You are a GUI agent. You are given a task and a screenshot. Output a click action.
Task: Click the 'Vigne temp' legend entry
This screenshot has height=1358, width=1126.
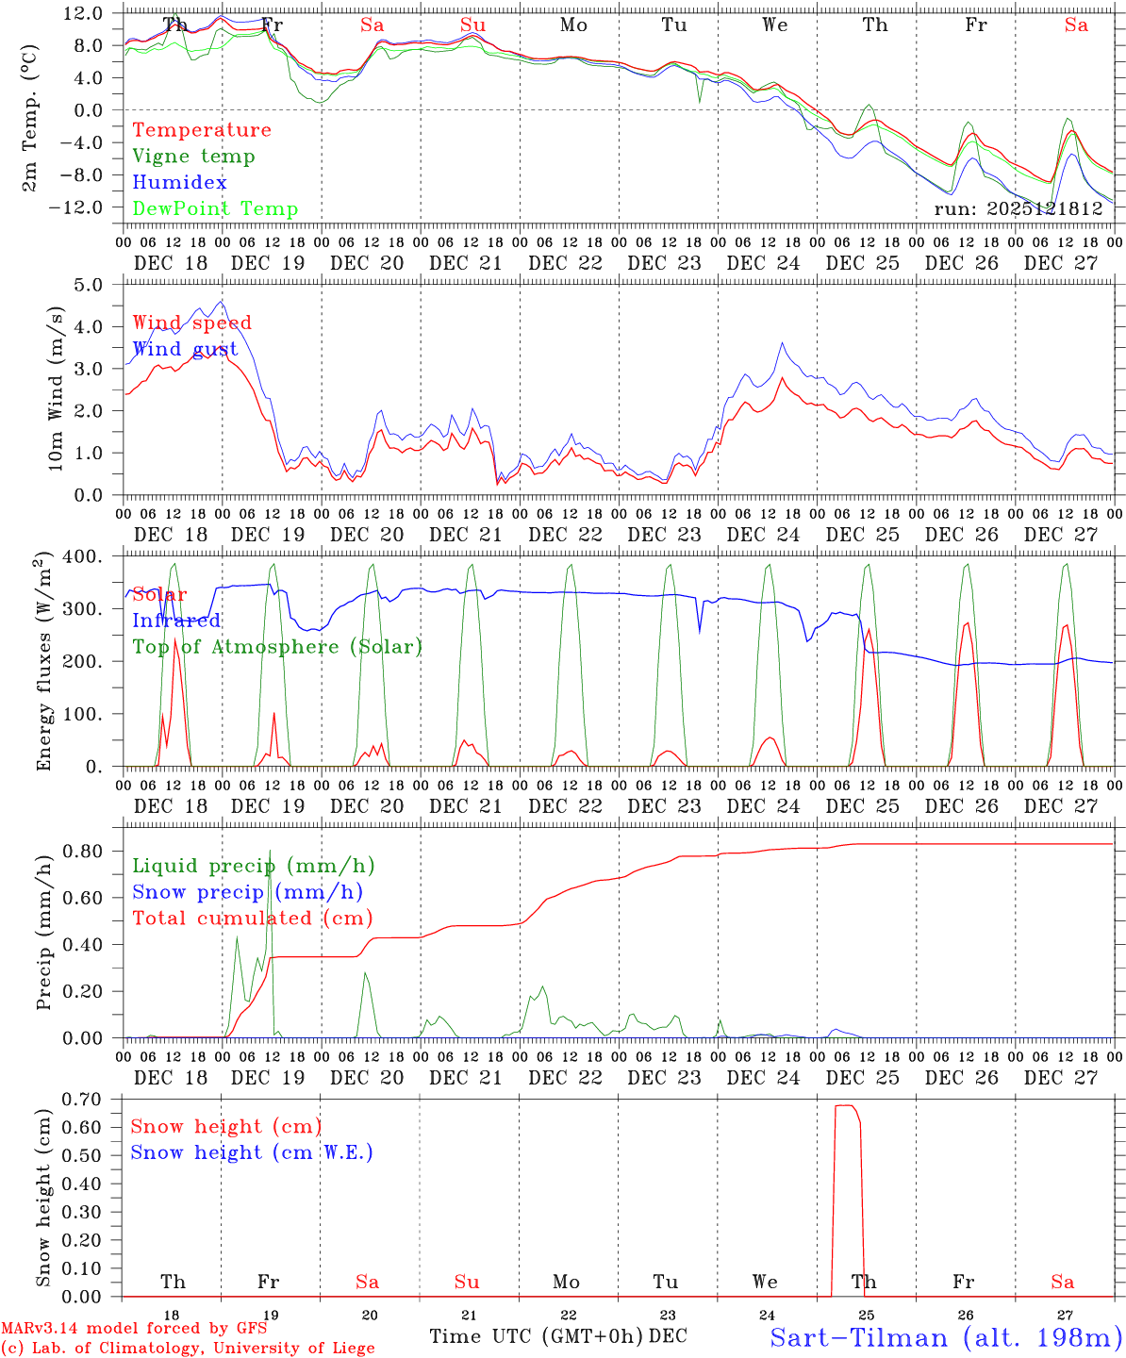193,157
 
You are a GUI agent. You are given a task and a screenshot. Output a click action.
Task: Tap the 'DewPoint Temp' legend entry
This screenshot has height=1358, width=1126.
215,209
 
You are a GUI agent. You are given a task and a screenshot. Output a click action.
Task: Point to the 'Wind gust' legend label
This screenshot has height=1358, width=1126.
185,349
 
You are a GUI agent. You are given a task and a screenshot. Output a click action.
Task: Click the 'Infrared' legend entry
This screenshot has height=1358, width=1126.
176,621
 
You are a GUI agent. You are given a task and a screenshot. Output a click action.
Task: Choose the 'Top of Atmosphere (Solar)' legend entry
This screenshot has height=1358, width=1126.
277,647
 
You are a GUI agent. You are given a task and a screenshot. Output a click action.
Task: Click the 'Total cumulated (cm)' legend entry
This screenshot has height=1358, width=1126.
253,919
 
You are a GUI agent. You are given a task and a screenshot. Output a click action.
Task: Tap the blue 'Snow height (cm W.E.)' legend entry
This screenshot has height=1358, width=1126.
252,1152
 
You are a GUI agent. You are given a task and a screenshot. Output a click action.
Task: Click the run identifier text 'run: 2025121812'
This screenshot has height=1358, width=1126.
1018,209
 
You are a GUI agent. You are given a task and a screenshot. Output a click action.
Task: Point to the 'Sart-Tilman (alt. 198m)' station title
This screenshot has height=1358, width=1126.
946,1337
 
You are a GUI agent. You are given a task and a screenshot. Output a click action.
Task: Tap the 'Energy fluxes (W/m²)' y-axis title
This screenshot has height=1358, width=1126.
43,663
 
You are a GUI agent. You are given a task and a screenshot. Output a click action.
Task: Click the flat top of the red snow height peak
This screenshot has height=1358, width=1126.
845,1105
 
